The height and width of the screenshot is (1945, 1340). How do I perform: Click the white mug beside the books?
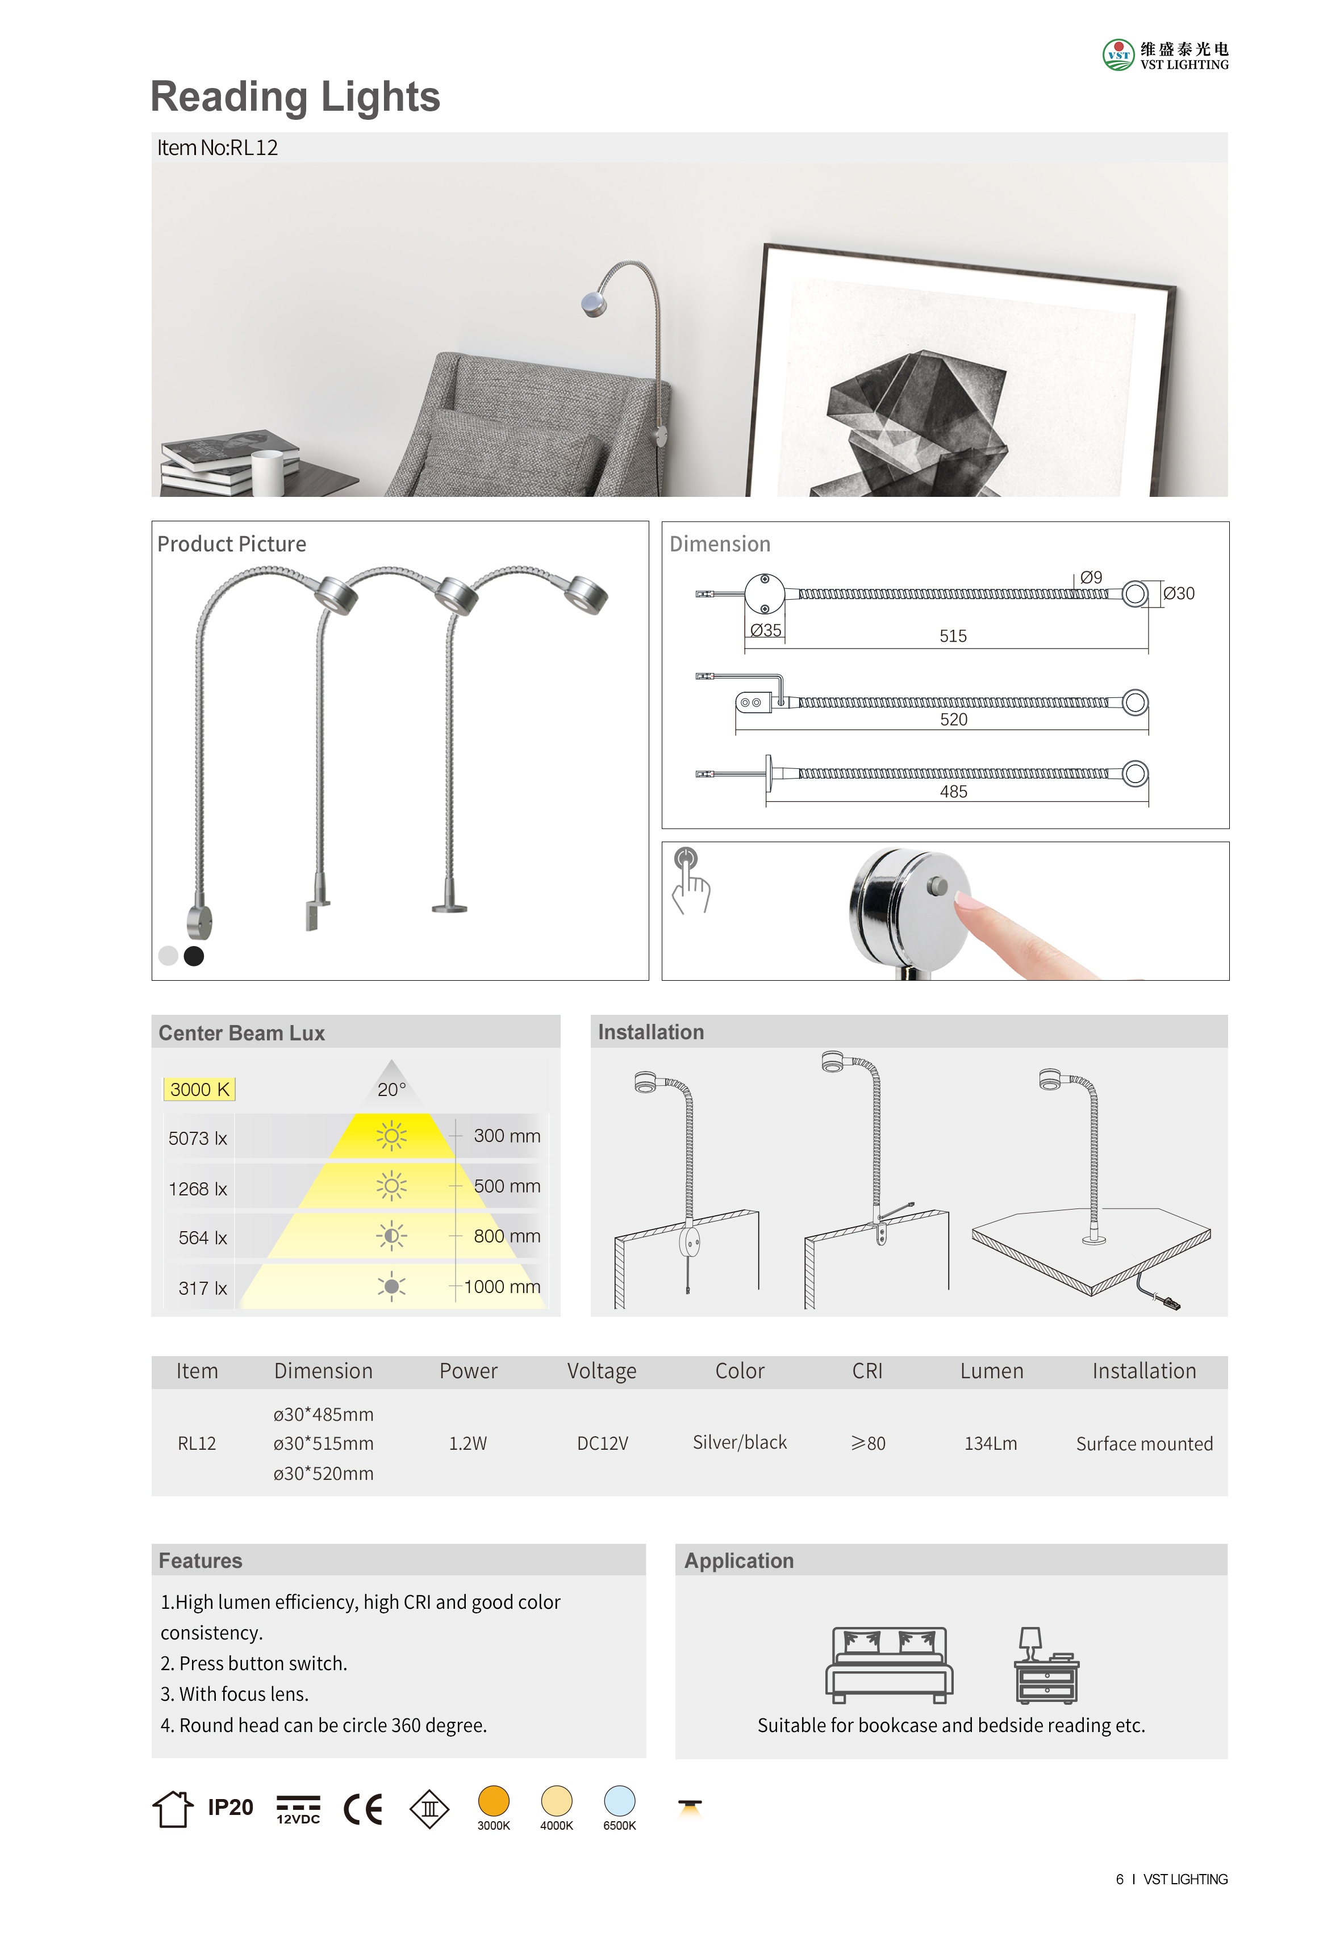coord(268,472)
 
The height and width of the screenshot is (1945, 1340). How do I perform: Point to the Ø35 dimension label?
coord(765,630)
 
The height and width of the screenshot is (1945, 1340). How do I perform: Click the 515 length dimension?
coord(953,636)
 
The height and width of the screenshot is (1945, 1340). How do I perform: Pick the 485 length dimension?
coord(953,792)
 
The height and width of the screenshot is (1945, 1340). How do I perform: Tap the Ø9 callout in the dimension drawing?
coord(1091,578)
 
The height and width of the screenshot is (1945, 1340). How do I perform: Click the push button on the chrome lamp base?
coord(937,886)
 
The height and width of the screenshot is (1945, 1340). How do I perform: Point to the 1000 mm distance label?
coord(502,1286)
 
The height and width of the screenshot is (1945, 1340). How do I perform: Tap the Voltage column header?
coord(601,1371)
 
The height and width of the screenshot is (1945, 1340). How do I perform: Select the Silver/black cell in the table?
coord(740,1442)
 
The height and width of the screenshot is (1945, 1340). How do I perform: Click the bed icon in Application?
coord(888,1664)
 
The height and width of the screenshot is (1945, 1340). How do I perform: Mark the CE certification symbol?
coord(364,1809)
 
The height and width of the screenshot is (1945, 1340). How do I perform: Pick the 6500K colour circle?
coord(620,1801)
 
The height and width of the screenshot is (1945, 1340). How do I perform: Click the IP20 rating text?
coord(230,1808)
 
